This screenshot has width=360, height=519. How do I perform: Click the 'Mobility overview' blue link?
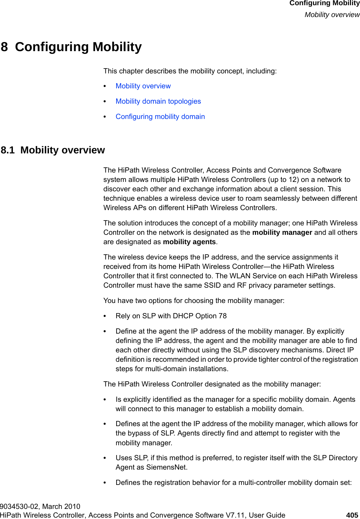click(143, 86)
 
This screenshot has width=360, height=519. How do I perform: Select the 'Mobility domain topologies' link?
click(158, 101)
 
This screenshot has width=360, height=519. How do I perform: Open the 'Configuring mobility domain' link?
click(160, 117)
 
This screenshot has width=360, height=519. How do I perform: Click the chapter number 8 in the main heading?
click(4, 47)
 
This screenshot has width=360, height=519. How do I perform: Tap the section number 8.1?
click(8, 150)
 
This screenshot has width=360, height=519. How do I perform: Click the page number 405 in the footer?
click(352, 515)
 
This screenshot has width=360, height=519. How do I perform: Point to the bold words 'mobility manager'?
click(282, 232)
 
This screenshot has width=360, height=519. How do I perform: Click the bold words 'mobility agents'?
click(189, 242)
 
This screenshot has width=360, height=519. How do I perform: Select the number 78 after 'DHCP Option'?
click(223, 316)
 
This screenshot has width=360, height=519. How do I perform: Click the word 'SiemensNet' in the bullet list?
click(166, 467)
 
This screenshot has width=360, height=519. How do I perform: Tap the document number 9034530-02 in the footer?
click(19, 506)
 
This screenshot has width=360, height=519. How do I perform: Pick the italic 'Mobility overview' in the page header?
click(332, 15)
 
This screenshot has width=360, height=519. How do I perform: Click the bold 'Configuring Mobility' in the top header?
click(324, 3)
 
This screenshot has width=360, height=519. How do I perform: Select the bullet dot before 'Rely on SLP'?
click(105, 316)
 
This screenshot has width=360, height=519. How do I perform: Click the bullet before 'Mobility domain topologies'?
click(105, 102)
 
